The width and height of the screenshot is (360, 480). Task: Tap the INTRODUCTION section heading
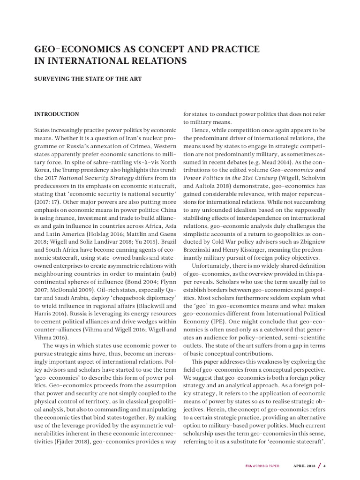[57, 114]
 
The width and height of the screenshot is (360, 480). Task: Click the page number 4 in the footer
[324, 465]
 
